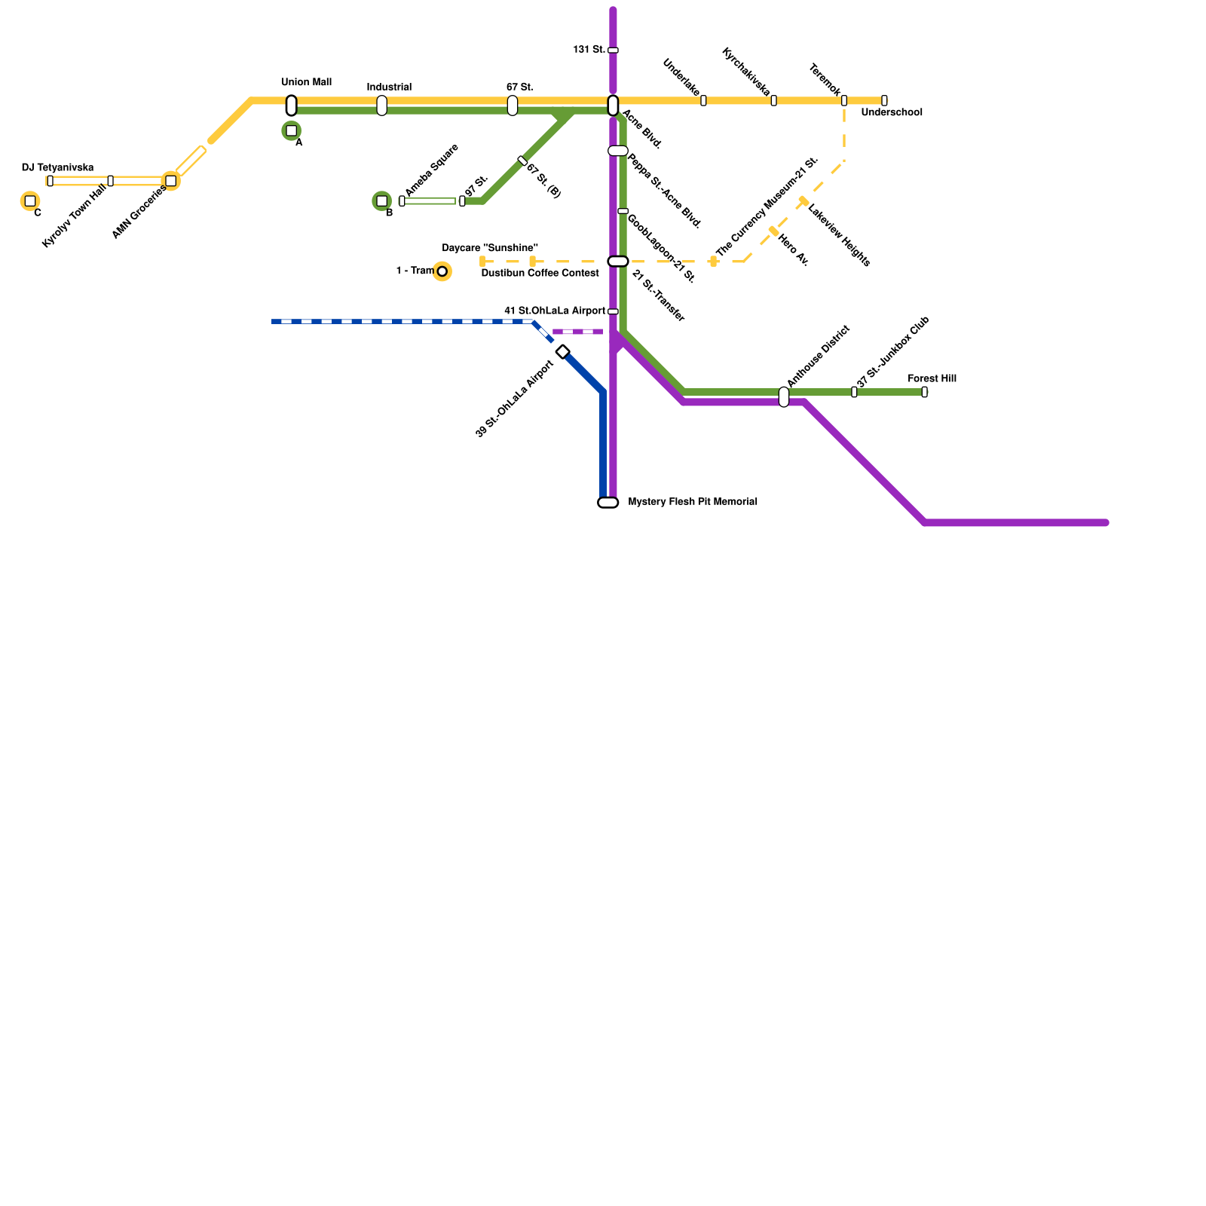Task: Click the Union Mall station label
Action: [x=306, y=82]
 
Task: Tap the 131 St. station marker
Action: [x=613, y=51]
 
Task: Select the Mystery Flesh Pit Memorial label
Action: [x=692, y=502]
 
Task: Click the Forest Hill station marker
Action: [x=924, y=392]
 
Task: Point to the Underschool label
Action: [x=891, y=113]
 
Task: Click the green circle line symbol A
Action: [x=291, y=131]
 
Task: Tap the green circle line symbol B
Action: [x=381, y=201]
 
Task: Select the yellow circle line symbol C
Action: [x=30, y=201]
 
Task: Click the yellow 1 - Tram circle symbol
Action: [x=442, y=271]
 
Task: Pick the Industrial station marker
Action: [x=381, y=106]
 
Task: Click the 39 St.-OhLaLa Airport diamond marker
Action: [x=562, y=352]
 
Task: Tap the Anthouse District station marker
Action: [x=784, y=396]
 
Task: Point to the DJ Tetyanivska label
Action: [x=57, y=167]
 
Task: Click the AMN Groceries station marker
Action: [x=170, y=181]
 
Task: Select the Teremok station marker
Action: [x=843, y=100]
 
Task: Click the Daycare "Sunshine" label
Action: [x=489, y=248]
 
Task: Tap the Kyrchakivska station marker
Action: [x=773, y=100]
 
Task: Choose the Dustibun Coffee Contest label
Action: [x=540, y=273]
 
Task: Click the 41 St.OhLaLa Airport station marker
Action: [x=613, y=311]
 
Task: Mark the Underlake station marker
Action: [x=703, y=100]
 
